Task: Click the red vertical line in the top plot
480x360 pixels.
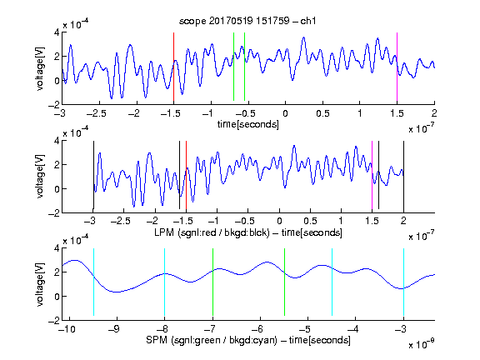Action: point(173,67)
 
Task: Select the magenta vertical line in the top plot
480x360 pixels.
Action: point(397,67)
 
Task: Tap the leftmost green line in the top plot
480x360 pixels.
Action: point(233,67)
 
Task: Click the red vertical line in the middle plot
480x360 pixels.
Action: point(186,175)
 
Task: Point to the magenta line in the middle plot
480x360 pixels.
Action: point(372,175)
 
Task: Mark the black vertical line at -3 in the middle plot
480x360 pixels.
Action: point(93,175)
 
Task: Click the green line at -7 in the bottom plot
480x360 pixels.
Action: point(212,282)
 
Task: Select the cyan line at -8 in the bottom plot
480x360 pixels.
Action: point(165,282)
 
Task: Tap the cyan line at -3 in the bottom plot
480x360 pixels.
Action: point(403,282)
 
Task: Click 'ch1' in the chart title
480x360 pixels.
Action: point(308,21)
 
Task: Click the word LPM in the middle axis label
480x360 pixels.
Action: point(164,232)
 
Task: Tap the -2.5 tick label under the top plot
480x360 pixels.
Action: point(96,113)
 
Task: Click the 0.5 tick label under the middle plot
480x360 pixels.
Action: point(310,221)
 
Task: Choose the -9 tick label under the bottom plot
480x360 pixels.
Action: point(114,329)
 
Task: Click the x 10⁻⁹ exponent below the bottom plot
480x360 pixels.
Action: point(421,344)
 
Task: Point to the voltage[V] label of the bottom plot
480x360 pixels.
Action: point(40,284)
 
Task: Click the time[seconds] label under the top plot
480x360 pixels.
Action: point(248,124)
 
